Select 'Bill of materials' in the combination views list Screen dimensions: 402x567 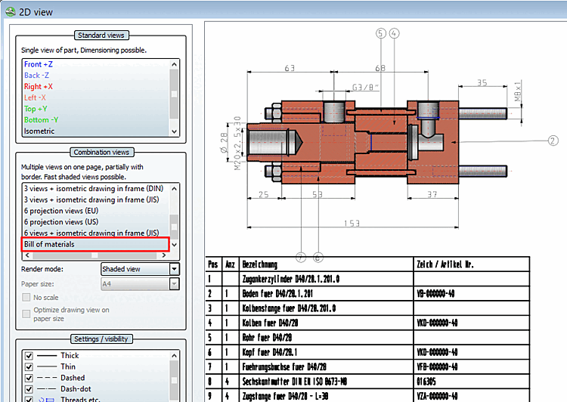(x=49, y=244)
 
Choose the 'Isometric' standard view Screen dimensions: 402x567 (x=39, y=131)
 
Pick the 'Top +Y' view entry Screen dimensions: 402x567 (x=36, y=109)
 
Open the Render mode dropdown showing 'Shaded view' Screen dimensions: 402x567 (x=140, y=269)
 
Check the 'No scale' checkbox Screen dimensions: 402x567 (x=28, y=298)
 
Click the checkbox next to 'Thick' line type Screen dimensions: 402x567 (x=29, y=355)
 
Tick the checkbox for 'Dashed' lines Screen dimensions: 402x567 (x=29, y=378)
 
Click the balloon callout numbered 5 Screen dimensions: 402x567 (x=380, y=33)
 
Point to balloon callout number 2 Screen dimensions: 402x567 (x=553, y=140)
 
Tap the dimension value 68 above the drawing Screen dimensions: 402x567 (x=380, y=69)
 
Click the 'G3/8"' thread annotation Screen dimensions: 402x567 (x=364, y=86)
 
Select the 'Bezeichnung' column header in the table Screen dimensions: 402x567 (x=260, y=264)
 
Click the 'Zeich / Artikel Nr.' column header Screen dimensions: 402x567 (x=446, y=264)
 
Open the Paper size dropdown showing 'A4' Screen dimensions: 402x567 (x=140, y=284)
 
